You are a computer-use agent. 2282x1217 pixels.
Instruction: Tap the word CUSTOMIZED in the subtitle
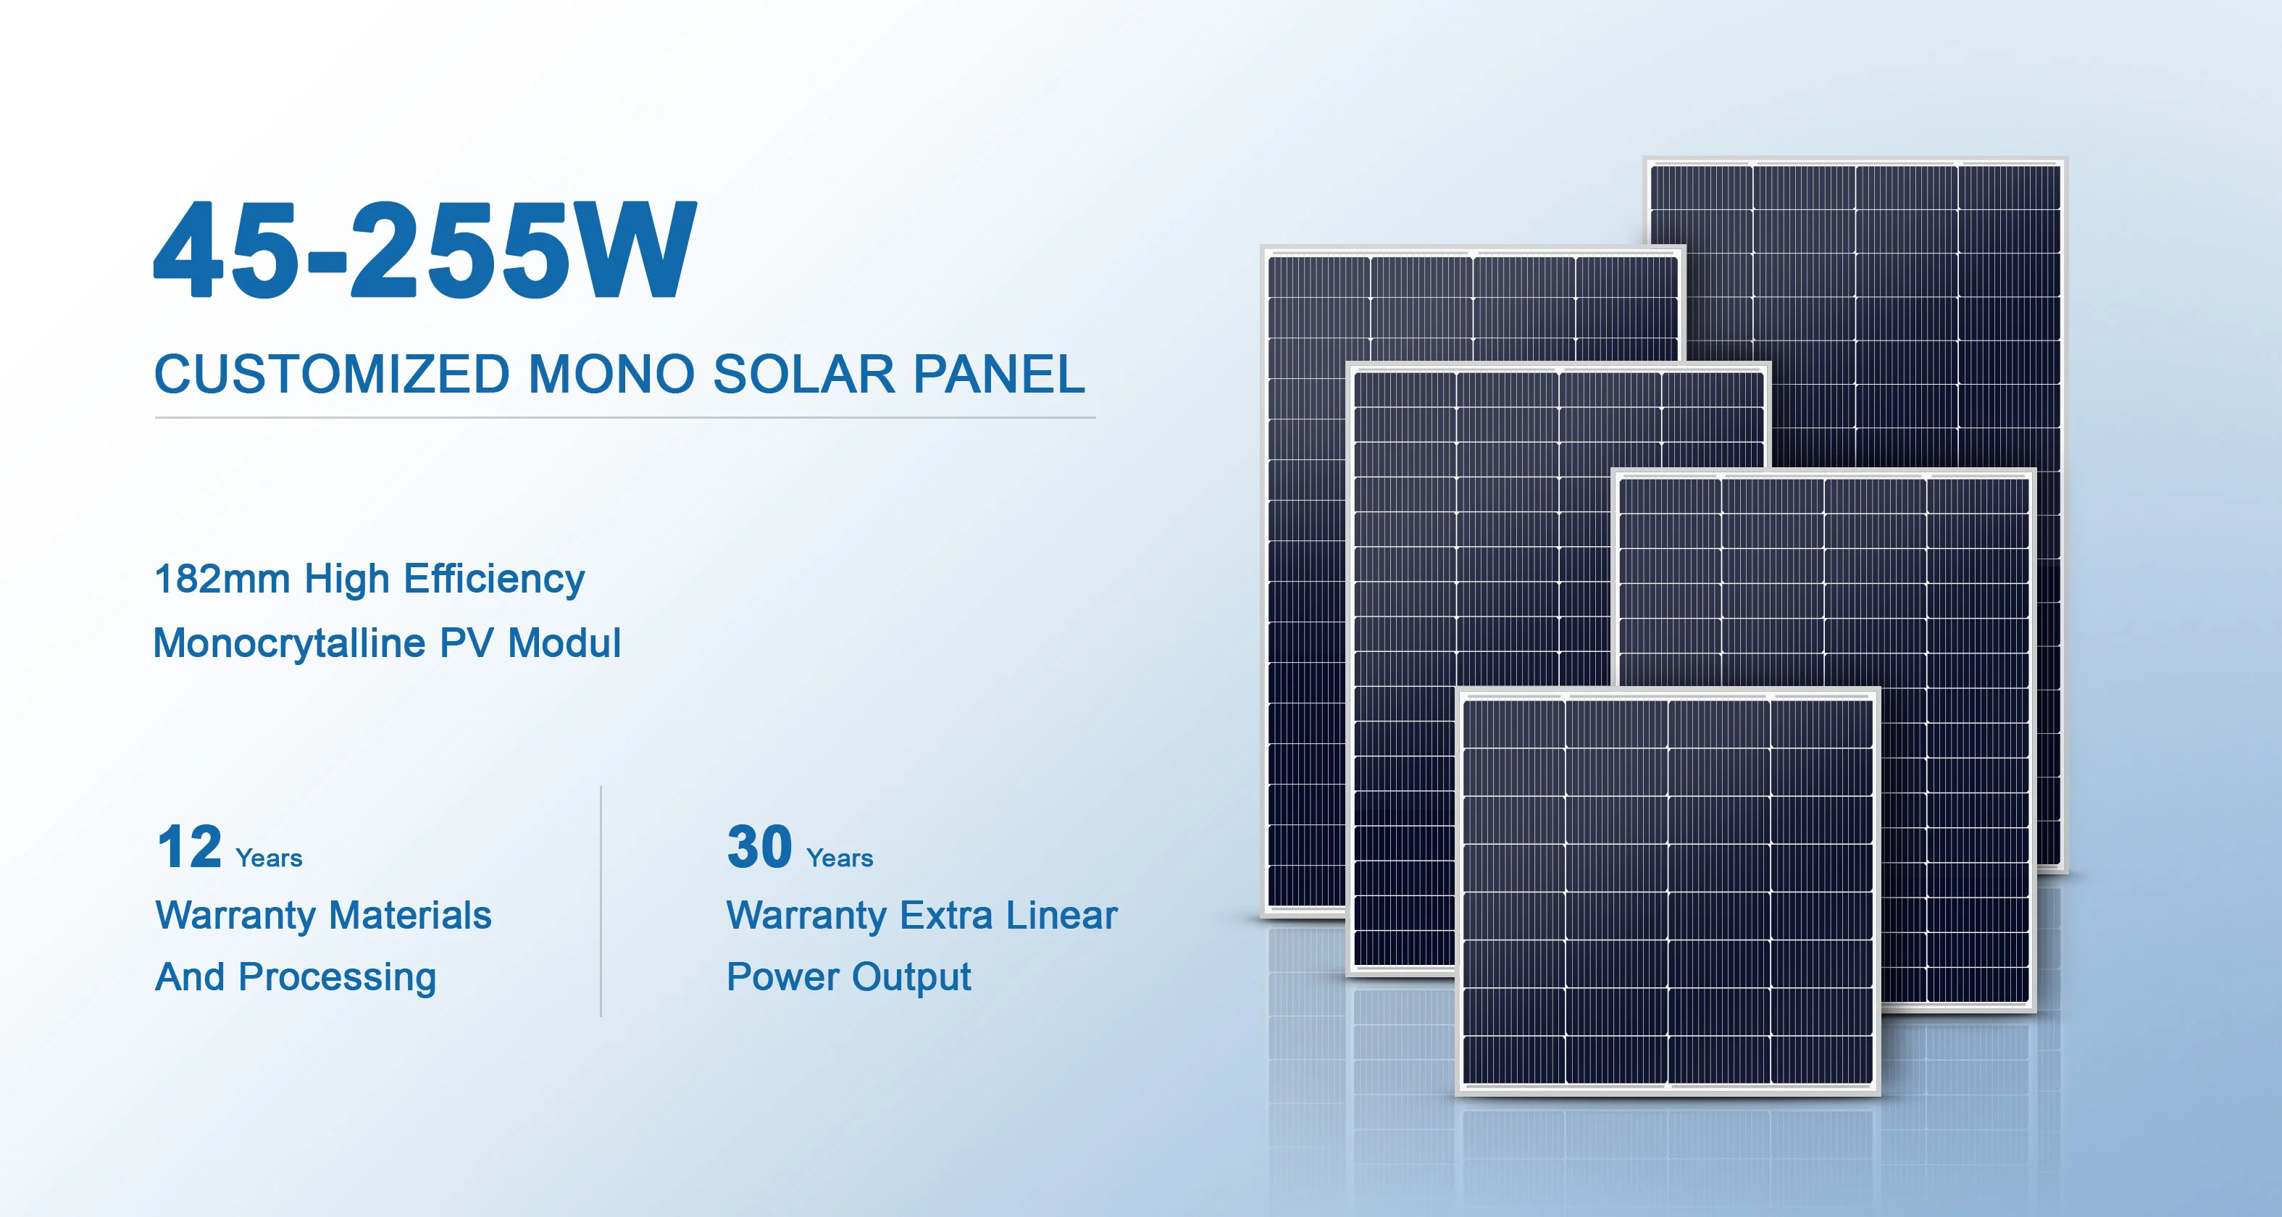[331, 374]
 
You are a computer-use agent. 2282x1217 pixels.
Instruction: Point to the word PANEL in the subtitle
[998, 374]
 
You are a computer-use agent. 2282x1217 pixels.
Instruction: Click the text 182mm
[222, 580]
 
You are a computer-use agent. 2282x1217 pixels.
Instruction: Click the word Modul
[564, 643]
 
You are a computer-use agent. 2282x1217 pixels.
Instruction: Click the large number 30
[759, 848]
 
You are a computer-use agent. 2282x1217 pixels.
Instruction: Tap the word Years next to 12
[269, 858]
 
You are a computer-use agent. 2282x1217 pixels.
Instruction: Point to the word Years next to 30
[839, 858]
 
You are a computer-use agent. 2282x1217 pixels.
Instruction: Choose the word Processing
[337, 978]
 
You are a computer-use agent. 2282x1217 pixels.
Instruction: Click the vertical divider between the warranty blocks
[601, 900]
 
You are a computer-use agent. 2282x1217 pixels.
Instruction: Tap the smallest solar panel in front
[1667, 890]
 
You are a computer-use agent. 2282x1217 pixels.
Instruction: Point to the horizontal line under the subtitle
[624, 417]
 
